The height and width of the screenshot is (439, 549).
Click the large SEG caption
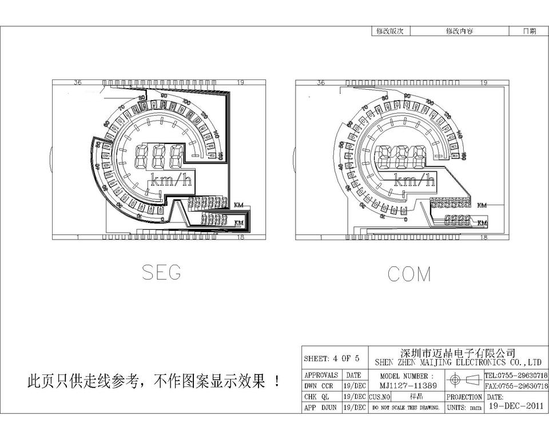coord(161,273)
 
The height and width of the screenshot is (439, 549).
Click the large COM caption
coord(409,274)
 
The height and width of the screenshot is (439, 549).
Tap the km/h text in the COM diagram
coord(414,181)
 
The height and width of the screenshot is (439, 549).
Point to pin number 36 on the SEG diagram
coord(78,83)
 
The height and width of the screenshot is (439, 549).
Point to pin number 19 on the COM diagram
coord(483,83)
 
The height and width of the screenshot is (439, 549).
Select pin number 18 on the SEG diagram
coord(241,237)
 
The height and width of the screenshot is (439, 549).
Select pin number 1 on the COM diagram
coord(321,237)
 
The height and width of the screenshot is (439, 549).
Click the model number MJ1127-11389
coord(408,386)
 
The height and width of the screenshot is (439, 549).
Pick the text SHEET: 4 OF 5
coord(332,359)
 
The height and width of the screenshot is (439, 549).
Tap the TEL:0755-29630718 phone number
coord(516,376)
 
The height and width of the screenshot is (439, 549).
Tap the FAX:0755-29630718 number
coord(516,386)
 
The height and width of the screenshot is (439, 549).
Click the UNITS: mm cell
coord(463,408)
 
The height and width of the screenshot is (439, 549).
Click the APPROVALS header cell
coord(321,376)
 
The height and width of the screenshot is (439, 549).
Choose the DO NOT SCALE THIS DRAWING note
coord(405,408)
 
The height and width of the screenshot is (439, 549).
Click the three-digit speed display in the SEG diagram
coord(160,156)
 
